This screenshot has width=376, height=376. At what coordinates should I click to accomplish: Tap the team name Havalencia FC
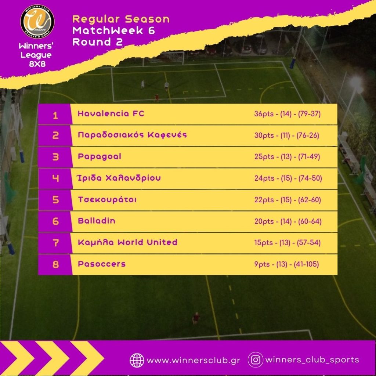coord(111,114)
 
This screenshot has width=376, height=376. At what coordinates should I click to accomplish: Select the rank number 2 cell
coord(55,135)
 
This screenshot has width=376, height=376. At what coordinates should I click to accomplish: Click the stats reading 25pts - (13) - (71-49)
coord(287,157)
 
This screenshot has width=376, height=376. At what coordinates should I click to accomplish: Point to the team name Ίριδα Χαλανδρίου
coord(119,178)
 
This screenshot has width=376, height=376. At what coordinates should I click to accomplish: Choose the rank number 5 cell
coord(55,200)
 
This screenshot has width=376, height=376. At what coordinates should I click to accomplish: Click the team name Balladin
coord(96,221)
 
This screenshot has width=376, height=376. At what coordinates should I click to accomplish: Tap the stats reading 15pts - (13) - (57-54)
coord(287,243)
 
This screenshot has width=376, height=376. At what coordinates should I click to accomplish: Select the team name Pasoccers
coord(101,264)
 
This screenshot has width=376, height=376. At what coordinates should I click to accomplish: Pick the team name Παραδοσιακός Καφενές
coord(132,135)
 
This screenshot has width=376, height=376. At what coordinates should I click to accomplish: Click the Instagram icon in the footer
coord(255,360)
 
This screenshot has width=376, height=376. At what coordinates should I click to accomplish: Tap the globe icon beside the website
coord(137,360)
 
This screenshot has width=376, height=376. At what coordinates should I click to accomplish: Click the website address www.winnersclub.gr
coord(193,360)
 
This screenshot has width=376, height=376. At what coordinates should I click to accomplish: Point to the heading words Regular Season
coord(121,19)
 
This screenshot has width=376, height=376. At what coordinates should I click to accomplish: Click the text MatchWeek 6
coord(113,31)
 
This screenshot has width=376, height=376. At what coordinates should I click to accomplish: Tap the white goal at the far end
coord(172,57)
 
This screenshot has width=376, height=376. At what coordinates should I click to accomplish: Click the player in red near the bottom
coord(196,318)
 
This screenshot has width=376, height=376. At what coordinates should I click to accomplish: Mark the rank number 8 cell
coord(55,264)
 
